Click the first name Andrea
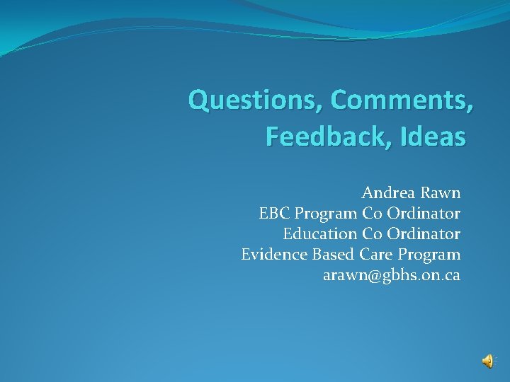[x=388, y=192]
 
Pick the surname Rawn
[x=440, y=192]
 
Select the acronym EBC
[x=274, y=213]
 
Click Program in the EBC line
[x=326, y=214]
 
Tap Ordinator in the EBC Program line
[x=424, y=213]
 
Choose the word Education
[x=319, y=233]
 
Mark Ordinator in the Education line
[x=424, y=233]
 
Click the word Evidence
[x=271, y=254]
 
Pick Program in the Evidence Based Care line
[x=429, y=255]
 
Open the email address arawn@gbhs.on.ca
[x=392, y=275]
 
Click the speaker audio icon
[x=488, y=361]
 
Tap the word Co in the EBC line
[x=373, y=213]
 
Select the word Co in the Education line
[x=373, y=233]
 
